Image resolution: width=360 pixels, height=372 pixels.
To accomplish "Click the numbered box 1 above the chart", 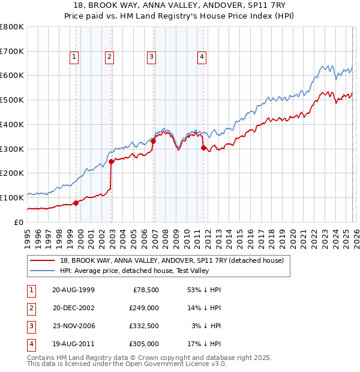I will click(74, 57).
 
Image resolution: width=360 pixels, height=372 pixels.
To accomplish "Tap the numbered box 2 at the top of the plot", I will click(110, 57).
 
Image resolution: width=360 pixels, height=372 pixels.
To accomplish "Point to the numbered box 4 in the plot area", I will click(202, 57).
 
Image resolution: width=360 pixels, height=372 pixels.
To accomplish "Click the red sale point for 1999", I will click(76, 203).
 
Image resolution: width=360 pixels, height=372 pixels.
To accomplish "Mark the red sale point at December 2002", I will click(112, 161).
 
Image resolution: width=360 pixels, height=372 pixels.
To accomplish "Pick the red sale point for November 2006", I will click(154, 141).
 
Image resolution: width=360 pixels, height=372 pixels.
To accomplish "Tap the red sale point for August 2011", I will click(204, 148).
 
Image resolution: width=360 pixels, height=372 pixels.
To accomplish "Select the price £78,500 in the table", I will click(144, 290).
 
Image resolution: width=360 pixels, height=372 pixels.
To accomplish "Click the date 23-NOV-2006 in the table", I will click(73, 326).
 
